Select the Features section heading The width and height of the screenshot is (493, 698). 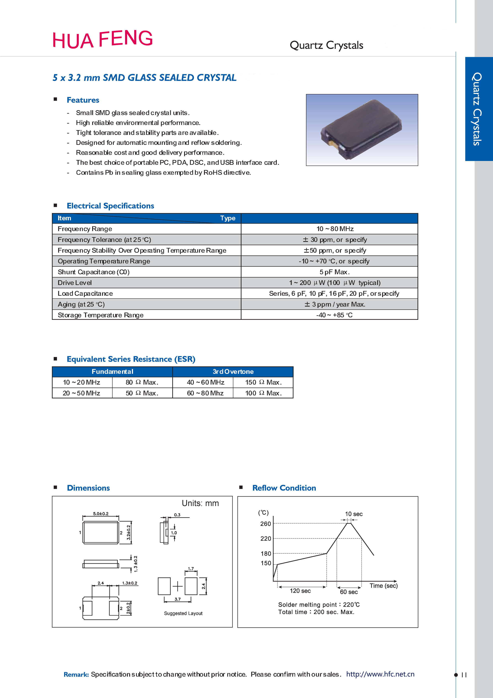click(83, 100)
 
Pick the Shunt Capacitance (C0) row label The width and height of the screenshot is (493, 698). click(93, 272)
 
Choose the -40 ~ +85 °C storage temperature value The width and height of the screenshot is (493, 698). click(334, 315)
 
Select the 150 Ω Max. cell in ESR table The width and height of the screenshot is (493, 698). click(263, 382)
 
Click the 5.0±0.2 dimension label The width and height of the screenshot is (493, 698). click(101, 514)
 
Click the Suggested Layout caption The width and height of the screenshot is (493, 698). click(183, 613)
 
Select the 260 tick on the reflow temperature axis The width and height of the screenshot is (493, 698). click(265, 524)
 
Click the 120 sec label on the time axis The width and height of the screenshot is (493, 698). click(300, 591)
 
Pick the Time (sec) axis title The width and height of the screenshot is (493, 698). click(383, 586)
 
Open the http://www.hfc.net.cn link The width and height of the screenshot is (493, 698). click(380, 674)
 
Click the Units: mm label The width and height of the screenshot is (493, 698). click(200, 503)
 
